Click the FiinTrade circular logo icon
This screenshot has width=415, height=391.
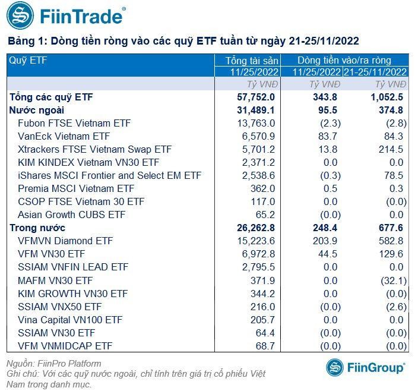point(20,16)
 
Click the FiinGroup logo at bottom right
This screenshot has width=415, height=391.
point(366,367)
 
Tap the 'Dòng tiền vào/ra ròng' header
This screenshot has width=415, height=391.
point(344,60)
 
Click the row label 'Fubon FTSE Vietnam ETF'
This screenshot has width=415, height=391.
point(74,123)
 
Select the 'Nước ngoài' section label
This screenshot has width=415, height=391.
point(37,110)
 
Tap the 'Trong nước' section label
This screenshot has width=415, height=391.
point(37,228)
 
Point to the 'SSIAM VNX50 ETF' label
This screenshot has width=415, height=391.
point(59,306)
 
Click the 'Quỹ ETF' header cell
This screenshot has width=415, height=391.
point(27,60)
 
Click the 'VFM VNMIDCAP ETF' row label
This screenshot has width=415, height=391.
point(65,345)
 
